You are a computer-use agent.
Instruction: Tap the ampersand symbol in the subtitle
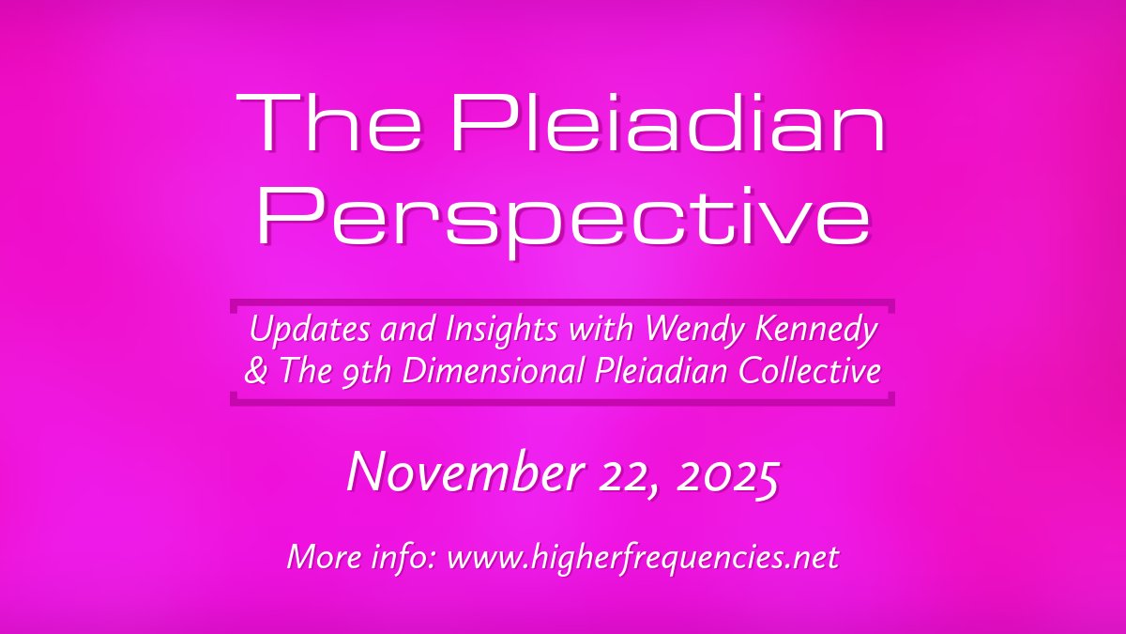pos(253,371)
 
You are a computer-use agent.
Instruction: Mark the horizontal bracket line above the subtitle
pos(562,303)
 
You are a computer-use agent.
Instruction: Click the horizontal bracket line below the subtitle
pos(562,402)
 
